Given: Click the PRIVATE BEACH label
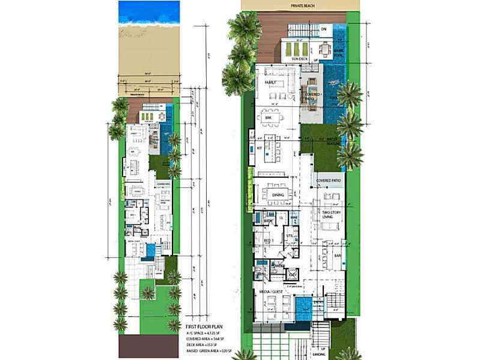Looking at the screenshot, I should click(300, 5).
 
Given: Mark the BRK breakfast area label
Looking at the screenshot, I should click(268, 118).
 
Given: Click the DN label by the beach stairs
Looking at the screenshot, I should click(323, 28).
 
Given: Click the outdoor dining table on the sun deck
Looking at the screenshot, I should click(325, 48).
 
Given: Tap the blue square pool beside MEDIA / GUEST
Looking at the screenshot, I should click(303, 309).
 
